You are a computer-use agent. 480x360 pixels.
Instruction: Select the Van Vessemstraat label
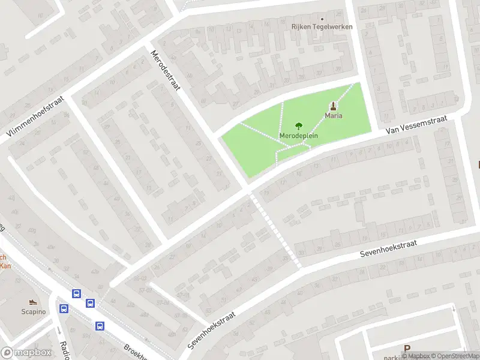click(x=416, y=123)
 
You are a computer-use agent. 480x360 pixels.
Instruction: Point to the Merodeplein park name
click(x=298, y=136)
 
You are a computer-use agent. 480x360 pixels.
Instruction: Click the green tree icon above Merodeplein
click(x=298, y=126)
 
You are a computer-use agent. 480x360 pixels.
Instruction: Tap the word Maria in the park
click(x=334, y=115)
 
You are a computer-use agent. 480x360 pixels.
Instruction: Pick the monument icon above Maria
click(x=334, y=105)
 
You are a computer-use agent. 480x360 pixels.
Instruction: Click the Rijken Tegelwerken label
click(x=322, y=27)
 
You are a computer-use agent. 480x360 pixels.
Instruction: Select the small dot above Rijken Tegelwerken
click(x=322, y=18)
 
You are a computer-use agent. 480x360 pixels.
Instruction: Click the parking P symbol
click(x=407, y=348)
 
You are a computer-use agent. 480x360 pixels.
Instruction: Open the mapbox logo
click(x=25, y=353)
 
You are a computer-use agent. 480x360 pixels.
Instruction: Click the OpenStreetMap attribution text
click(x=456, y=356)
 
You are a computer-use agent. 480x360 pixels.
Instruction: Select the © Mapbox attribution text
click(x=416, y=356)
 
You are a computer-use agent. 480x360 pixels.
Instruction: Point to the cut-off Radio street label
click(x=64, y=350)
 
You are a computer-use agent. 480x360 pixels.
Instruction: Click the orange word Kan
click(x=5, y=265)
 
